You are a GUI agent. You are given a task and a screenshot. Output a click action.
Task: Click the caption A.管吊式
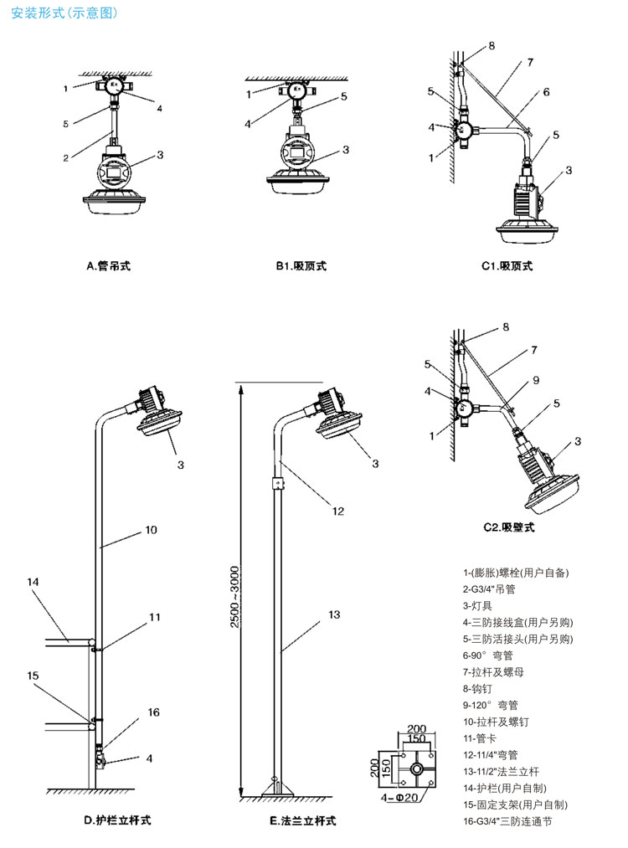[x=109, y=266]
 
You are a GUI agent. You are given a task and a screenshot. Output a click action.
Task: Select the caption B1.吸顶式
[x=301, y=266]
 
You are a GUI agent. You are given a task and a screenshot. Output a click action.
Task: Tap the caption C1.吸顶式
[x=506, y=266]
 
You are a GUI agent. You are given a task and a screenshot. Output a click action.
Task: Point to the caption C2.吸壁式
[x=508, y=527]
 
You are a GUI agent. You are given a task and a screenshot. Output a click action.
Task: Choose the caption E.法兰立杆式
[x=302, y=820]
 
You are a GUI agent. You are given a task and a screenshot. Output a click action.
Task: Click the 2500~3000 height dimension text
[x=234, y=599]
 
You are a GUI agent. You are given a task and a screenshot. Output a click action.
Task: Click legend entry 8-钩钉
[x=481, y=688]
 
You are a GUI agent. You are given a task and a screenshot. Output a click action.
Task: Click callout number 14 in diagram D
[x=33, y=581]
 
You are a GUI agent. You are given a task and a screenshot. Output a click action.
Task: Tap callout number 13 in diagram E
[x=334, y=614]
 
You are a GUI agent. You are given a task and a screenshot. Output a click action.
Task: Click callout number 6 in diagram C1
[x=545, y=92]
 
